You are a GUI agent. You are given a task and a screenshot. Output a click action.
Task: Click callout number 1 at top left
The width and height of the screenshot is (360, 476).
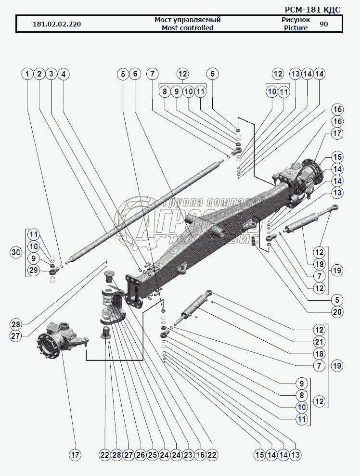(x=27, y=74)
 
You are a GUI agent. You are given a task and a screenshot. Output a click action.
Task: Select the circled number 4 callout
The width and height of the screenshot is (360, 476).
(x=63, y=74)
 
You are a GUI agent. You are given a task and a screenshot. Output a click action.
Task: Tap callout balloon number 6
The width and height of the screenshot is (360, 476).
(x=135, y=74)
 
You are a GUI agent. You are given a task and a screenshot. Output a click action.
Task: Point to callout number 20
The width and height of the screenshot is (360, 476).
(x=337, y=311)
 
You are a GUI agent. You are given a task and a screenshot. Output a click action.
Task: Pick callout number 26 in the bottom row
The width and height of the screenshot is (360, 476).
(x=140, y=454)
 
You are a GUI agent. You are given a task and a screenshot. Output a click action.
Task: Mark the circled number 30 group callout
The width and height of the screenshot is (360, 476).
(x=16, y=252)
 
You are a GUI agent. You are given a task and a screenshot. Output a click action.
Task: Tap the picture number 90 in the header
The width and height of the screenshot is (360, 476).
(x=324, y=24)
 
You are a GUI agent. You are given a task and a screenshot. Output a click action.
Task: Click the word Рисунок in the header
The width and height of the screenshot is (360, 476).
(x=296, y=20)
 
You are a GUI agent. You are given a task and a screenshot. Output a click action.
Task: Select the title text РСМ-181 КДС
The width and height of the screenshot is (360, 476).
(x=313, y=9)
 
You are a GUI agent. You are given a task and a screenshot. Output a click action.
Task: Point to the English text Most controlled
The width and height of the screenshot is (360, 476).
(x=187, y=28)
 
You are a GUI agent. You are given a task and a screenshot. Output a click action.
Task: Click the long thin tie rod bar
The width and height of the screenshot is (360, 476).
(x=144, y=212)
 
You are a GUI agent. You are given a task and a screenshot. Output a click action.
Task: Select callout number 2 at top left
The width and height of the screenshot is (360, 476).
(x=39, y=74)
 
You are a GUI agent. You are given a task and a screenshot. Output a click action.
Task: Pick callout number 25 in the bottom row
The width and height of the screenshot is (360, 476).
(x=152, y=454)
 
